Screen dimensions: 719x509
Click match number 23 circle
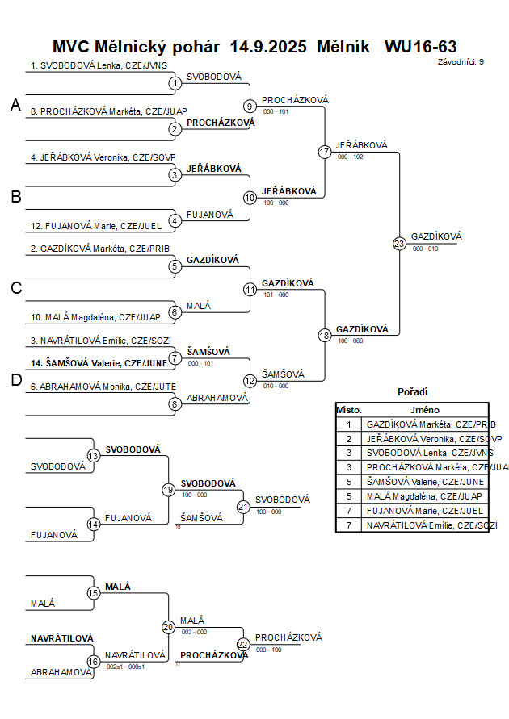coord(399,243)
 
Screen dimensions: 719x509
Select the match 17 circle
coord(325,152)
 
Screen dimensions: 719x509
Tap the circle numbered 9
coord(250,106)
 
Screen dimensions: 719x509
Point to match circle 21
coord(243,507)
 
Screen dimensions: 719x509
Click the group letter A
coord(15,105)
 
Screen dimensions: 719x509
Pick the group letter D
coord(15,380)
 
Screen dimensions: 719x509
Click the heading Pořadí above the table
coord(412,391)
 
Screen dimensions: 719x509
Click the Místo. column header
coord(349,410)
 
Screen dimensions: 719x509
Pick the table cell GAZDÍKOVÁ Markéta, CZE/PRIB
coord(431,424)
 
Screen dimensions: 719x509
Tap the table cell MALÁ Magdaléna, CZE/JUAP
coord(424,495)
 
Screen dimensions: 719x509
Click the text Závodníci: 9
coord(461,61)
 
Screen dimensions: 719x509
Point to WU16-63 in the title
coord(421,47)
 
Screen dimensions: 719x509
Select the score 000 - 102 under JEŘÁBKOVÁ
coord(351,157)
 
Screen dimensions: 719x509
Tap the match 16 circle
coord(93,661)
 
